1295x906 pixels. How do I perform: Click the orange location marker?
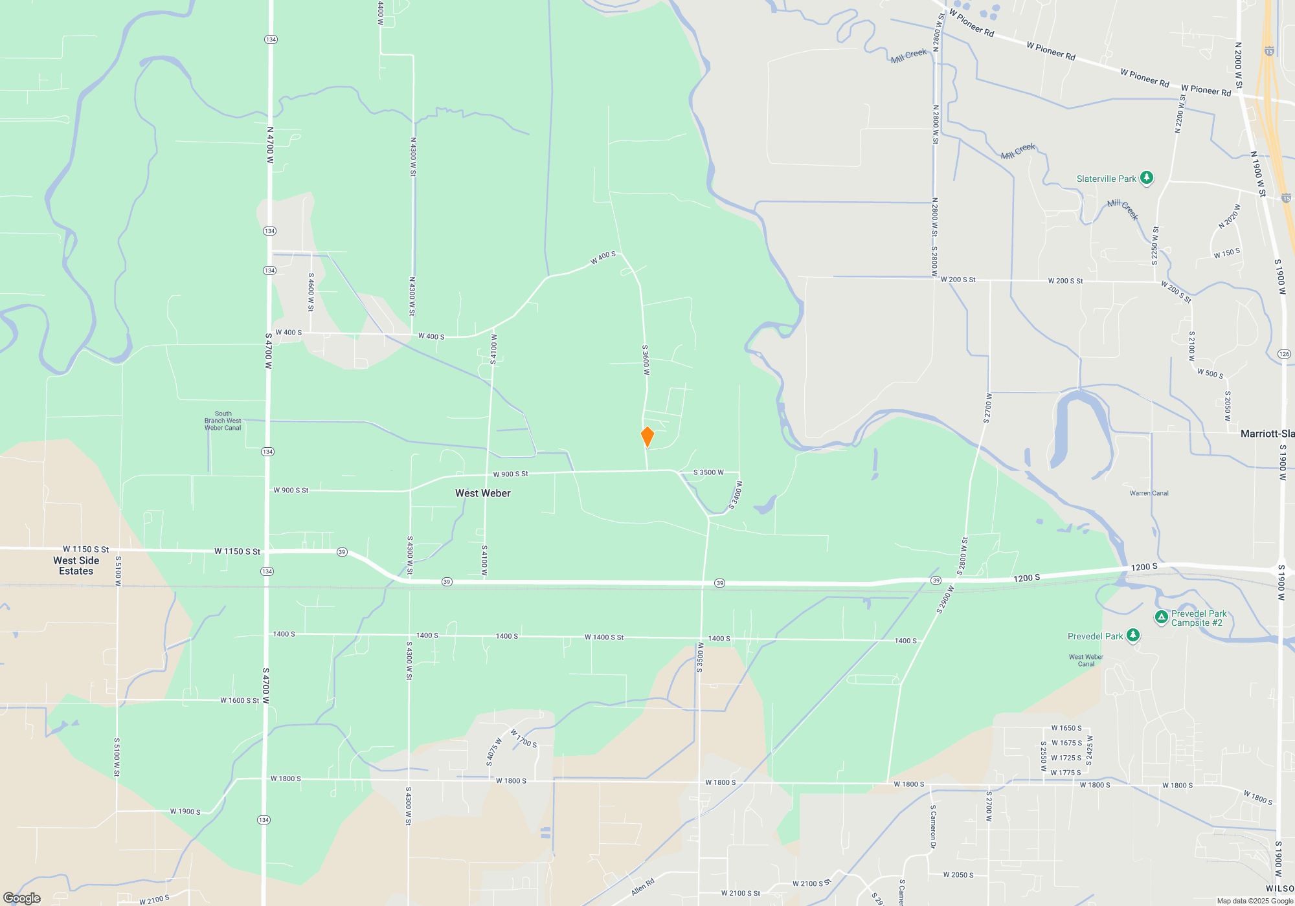647,437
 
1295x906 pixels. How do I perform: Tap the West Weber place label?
482,493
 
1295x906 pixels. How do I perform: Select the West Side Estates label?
76,566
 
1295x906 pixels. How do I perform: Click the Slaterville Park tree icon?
1146,177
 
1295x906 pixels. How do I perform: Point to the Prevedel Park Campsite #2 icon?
1162,617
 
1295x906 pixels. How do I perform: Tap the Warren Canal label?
1149,493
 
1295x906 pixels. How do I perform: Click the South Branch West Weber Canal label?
223,421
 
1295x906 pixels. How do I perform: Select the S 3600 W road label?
646,360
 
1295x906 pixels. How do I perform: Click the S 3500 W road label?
708,472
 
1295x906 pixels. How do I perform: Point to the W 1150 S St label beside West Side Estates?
85,549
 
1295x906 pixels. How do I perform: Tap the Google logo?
22,898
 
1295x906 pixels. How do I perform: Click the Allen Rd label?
643,887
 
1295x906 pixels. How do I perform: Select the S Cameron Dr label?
933,826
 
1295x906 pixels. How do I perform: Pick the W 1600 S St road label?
240,700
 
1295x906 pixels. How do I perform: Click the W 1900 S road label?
185,812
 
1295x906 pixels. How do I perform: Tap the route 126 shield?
1284,354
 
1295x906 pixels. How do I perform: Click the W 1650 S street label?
1066,728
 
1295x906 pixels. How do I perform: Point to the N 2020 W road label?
1229,217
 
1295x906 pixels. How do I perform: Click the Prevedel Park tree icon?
1132,635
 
